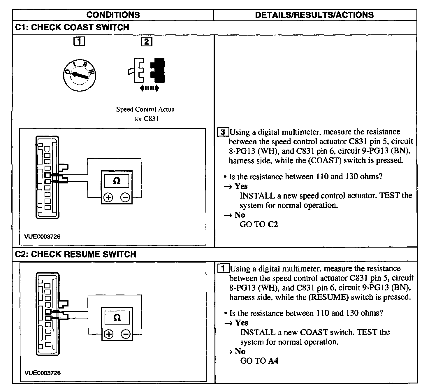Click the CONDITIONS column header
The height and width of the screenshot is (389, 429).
(x=113, y=15)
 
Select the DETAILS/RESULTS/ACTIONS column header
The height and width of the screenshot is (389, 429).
(x=314, y=15)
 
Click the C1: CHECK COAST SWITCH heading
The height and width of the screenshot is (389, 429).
(x=72, y=27)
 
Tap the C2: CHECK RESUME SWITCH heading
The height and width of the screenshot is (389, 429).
(x=75, y=254)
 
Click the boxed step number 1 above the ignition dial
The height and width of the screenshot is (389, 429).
(x=79, y=42)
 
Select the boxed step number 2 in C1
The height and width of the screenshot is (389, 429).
(x=146, y=42)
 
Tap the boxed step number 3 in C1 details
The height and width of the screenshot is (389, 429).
(x=223, y=132)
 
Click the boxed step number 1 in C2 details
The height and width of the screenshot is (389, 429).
(x=223, y=269)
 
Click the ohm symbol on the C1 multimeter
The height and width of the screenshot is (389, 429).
(x=117, y=181)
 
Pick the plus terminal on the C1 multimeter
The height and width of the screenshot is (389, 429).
(x=108, y=198)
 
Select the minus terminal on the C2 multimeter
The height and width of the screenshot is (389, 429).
(x=126, y=334)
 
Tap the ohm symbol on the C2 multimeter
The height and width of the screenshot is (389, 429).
(x=117, y=318)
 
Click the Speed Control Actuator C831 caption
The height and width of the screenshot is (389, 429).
(x=146, y=114)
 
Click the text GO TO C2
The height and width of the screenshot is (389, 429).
(x=259, y=224)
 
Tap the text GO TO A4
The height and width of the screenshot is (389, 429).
(x=259, y=361)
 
